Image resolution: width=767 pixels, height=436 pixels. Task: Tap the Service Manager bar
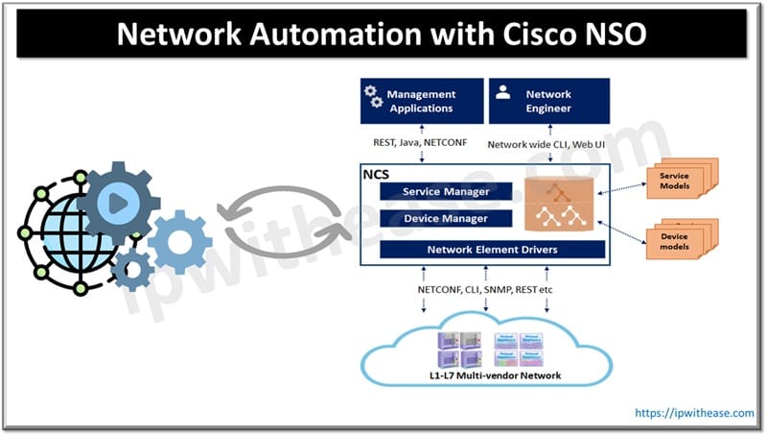click(x=445, y=192)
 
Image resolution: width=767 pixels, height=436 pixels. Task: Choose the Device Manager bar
click(x=445, y=219)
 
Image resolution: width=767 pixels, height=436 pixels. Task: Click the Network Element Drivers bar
click(x=492, y=250)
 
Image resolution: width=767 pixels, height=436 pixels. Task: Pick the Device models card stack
click(x=678, y=241)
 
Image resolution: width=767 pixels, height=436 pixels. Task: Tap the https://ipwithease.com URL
click(x=694, y=412)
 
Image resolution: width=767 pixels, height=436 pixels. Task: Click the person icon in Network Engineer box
click(x=501, y=94)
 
